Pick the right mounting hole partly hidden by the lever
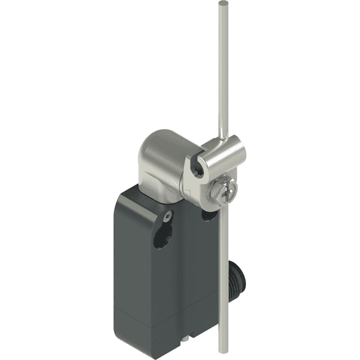209,214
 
